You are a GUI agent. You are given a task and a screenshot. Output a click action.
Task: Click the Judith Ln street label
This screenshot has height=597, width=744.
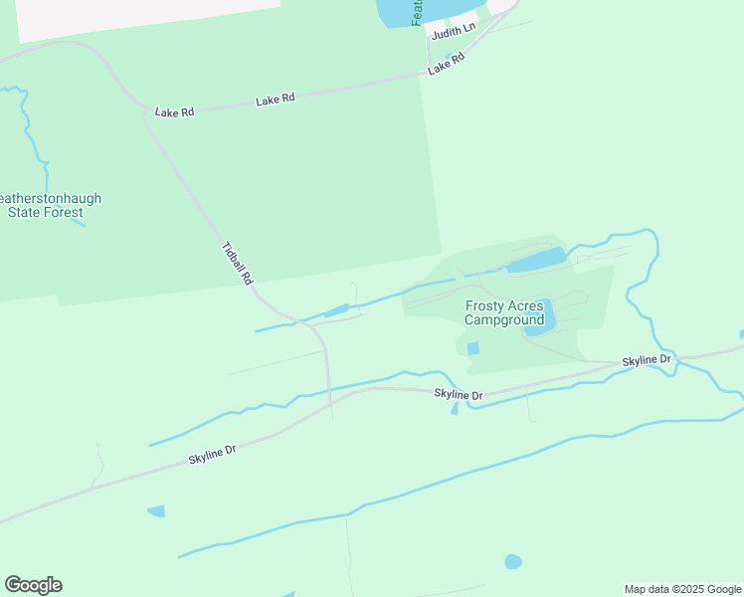(454, 30)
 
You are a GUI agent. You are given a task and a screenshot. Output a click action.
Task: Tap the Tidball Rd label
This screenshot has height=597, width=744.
(237, 265)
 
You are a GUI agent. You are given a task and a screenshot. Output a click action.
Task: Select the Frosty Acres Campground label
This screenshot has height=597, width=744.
(505, 312)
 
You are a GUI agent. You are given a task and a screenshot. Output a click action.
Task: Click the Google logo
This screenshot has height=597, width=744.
(33, 585)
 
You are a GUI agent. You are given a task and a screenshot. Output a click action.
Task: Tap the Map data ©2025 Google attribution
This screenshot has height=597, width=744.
(682, 589)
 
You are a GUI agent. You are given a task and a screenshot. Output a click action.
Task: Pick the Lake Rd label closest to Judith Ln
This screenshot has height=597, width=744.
(447, 66)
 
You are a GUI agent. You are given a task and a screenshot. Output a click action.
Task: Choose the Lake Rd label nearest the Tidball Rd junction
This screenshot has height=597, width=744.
(174, 112)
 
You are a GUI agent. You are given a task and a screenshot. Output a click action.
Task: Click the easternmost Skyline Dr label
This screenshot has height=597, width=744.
(648, 358)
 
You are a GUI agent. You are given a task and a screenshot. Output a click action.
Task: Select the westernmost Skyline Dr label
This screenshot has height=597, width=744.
(213, 456)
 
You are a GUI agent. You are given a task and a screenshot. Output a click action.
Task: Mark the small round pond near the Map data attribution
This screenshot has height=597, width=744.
(513, 561)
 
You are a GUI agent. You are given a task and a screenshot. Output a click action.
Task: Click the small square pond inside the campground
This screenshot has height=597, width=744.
(472, 348)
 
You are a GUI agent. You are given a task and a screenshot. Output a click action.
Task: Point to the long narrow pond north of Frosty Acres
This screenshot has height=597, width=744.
(536, 262)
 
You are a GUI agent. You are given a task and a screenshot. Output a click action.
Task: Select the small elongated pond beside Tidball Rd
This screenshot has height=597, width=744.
(336, 310)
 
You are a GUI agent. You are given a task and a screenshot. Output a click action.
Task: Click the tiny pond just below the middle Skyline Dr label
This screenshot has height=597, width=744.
(455, 408)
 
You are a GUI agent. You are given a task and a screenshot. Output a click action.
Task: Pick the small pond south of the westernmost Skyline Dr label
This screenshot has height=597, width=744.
(156, 511)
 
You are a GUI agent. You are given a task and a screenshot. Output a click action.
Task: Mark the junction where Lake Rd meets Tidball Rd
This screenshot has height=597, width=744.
(147, 109)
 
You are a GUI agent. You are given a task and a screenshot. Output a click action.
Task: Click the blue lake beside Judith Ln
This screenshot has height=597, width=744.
(398, 12)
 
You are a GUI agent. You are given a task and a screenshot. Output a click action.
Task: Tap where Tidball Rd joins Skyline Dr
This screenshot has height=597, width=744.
(330, 408)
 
